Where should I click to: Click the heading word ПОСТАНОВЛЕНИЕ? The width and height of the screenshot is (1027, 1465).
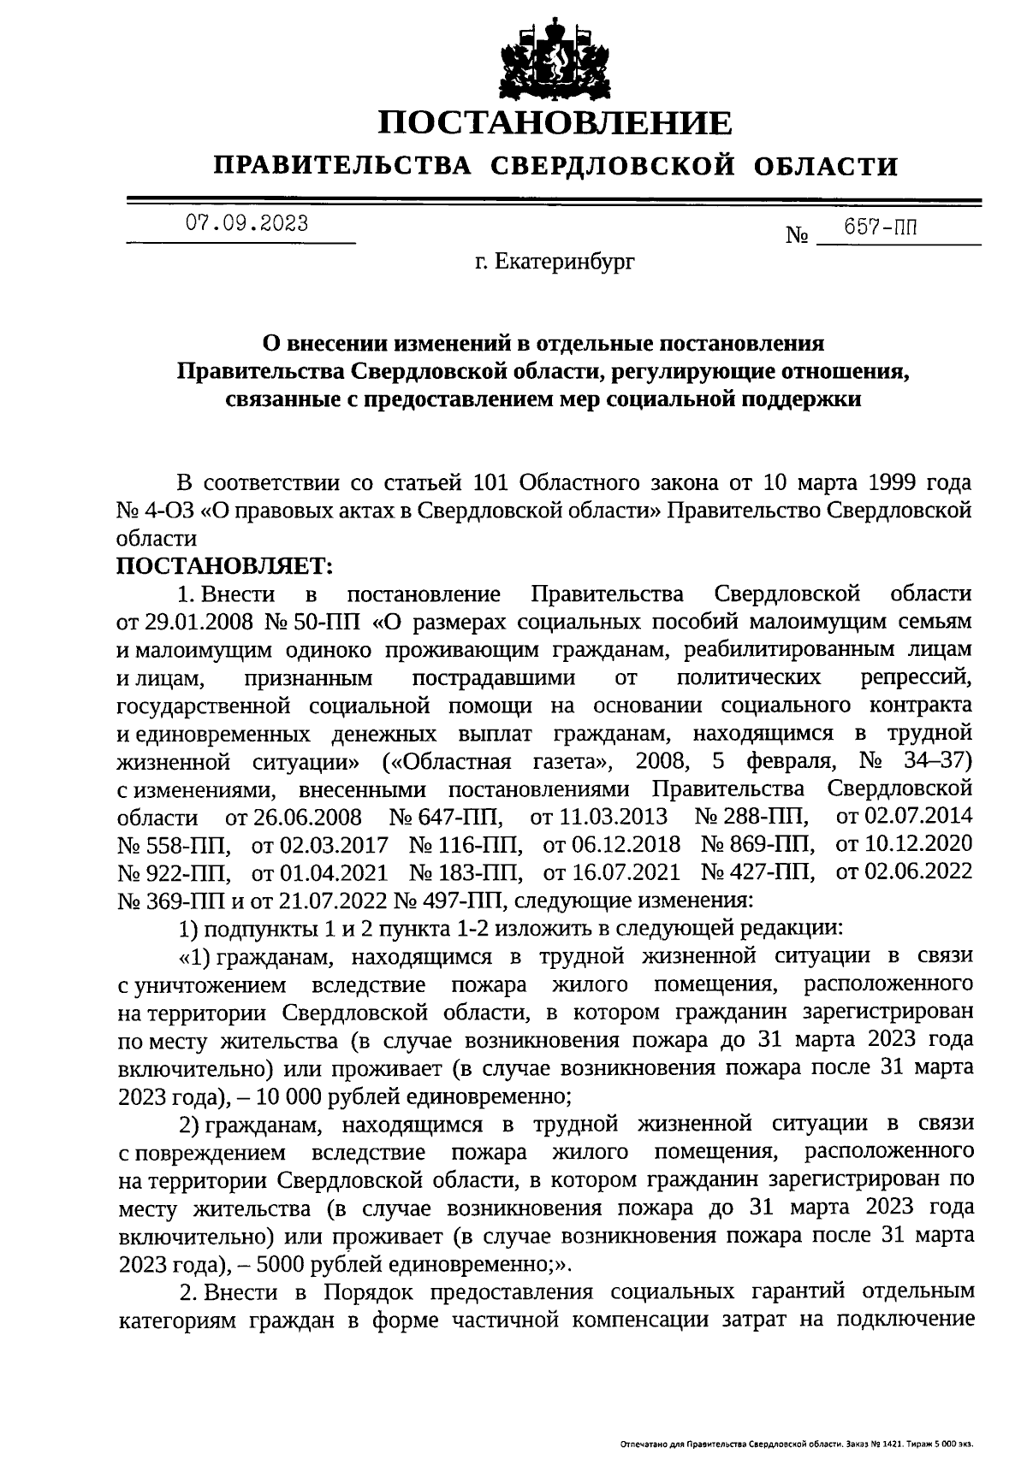(556, 123)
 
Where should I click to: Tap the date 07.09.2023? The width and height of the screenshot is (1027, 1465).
(247, 224)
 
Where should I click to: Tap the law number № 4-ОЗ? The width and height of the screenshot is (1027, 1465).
(156, 511)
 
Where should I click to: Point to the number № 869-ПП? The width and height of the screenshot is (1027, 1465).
(757, 845)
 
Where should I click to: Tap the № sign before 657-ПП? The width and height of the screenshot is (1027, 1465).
(797, 234)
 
